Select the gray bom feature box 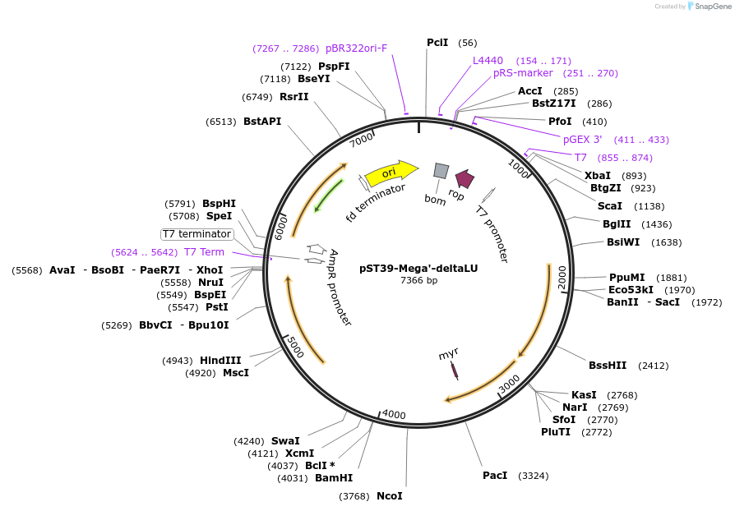(x=441, y=170)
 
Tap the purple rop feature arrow (x=465, y=178)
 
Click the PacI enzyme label (x=495, y=476)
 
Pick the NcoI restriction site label (x=390, y=496)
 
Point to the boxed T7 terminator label (x=197, y=234)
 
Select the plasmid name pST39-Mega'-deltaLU (x=418, y=268)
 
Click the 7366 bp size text (x=418, y=280)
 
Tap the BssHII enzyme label (x=608, y=366)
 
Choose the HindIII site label (x=221, y=361)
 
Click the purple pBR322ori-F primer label (x=356, y=48)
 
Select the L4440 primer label (x=488, y=61)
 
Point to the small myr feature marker (x=455, y=371)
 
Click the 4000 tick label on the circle (x=395, y=414)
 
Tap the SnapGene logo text (x=713, y=7)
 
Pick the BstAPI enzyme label (x=262, y=122)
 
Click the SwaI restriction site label (x=285, y=441)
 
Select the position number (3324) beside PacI (x=533, y=476)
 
